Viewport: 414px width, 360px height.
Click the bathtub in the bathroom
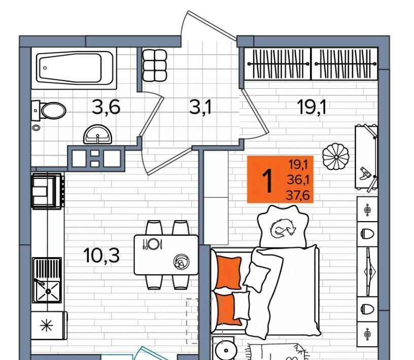pos(74,68)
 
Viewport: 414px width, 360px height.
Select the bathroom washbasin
pos(98,134)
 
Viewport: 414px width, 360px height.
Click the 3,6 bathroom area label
pos(106,107)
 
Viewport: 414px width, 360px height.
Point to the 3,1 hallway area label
pos(200,107)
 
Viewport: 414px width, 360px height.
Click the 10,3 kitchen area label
pos(101,255)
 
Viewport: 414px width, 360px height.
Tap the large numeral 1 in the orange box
pos(267,181)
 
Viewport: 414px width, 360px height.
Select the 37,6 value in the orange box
pos(297,196)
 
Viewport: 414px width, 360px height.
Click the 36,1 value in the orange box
pos(298,180)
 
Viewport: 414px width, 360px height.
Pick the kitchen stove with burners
pos(48,191)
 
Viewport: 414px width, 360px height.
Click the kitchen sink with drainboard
pos(47,280)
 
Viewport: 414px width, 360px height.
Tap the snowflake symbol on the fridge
pos(47,326)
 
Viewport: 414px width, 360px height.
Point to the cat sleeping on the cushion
pos(283,228)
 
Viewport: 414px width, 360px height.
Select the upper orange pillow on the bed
pos(229,273)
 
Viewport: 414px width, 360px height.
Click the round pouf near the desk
pos(336,157)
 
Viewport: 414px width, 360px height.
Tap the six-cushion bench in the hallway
pos(155,65)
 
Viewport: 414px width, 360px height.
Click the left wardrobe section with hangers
pos(278,64)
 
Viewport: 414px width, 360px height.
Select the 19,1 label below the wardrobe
pos(312,107)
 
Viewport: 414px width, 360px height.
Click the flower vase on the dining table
pos(182,262)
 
